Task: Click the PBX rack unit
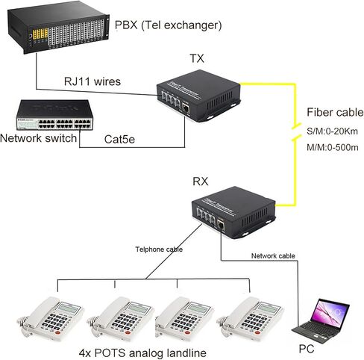pos(58,27)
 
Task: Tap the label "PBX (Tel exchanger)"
pos(168,25)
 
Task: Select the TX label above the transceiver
pos(197,58)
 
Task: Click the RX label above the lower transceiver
pos(201,181)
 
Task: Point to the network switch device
pos(54,115)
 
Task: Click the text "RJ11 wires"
pos(92,81)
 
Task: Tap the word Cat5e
pos(119,139)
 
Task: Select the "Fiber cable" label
pos(335,112)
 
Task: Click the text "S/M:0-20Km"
pos(333,131)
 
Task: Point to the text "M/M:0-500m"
pos(333,147)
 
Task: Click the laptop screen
pos(331,313)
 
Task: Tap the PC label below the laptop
pos(307,349)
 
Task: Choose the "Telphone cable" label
pos(159,249)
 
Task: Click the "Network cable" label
pos(273,255)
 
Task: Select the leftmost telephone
pos(51,319)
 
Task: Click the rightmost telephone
pos(250,319)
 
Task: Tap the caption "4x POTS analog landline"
pos(142,353)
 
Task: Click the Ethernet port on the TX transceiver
pos(186,108)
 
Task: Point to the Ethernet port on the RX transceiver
pos(221,226)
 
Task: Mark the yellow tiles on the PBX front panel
pos(40,34)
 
